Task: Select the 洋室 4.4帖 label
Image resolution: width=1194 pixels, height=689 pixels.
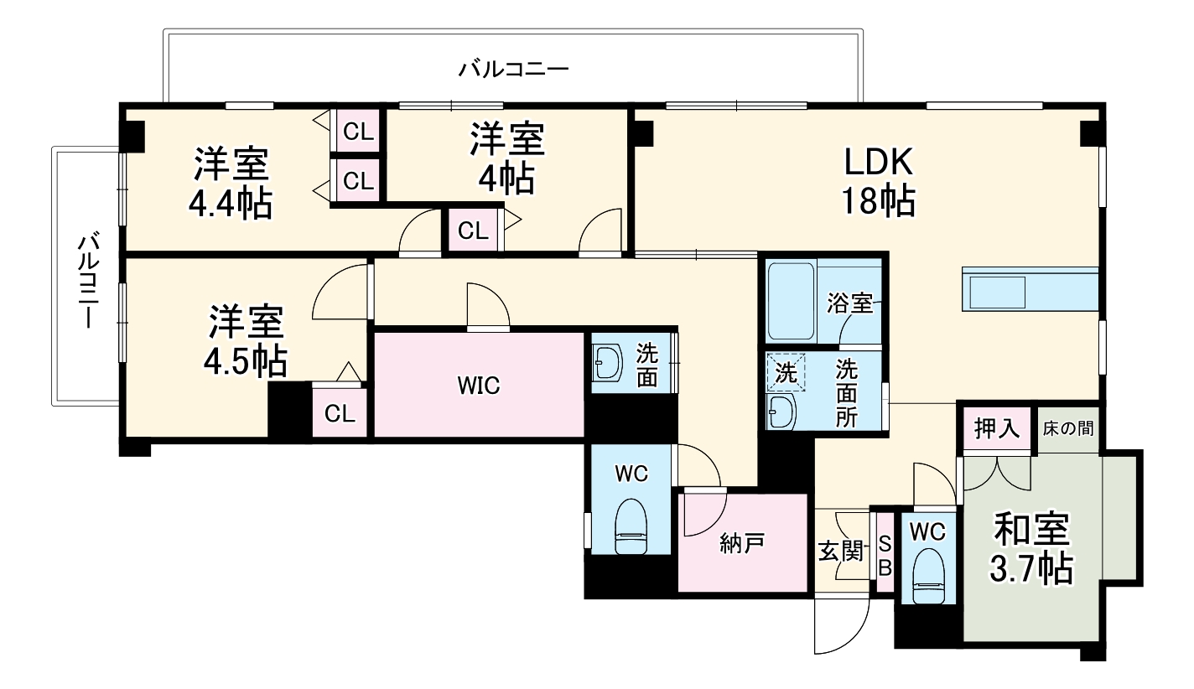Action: (x=231, y=184)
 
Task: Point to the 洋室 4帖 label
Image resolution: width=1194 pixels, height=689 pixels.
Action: (x=506, y=158)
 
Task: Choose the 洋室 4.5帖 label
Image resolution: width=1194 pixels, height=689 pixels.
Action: (x=245, y=341)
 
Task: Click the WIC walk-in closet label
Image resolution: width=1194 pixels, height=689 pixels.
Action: (x=478, y=386)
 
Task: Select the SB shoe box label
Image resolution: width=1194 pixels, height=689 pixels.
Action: (x=884, y=553)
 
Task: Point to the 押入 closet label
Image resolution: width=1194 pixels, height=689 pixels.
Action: (x=996, y=428)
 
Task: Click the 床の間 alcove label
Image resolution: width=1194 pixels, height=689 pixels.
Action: (x=1068, y=428)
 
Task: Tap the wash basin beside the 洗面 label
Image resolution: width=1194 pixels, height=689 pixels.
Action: (x=609, y=363)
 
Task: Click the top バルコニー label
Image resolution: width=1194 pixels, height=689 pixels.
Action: (x=513, y=68)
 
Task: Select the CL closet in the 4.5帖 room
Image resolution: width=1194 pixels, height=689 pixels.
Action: (x=340, y=412)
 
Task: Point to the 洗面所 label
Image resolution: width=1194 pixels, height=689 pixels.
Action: (x=845, y=393)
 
